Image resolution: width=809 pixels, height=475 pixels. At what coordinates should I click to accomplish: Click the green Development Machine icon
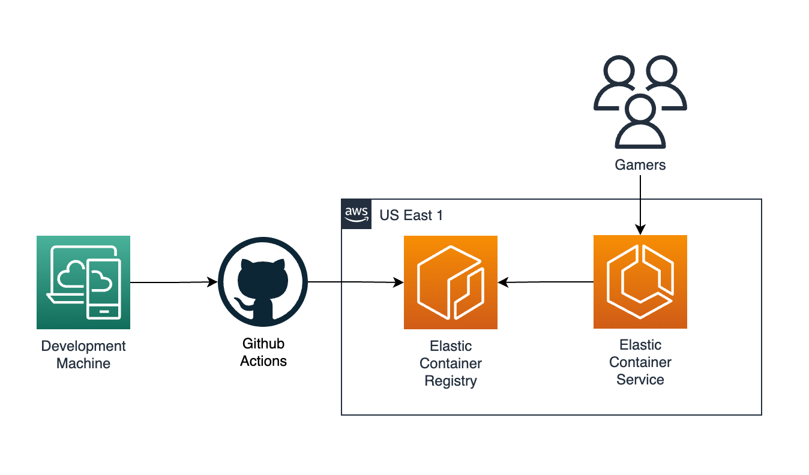click(83, 282)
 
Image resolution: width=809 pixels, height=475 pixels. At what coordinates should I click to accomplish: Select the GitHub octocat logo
click(263, 282)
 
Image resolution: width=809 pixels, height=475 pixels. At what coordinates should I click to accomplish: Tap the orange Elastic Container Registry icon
click(451, 282)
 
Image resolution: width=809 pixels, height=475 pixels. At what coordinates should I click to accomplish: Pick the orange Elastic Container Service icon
click(640, 282)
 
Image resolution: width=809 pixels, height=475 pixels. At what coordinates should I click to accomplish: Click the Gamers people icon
click(640, 102)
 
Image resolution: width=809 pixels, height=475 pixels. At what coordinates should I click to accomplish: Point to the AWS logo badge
click(356, 214)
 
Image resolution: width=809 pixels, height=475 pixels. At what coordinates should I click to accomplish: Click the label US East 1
click(411, 215)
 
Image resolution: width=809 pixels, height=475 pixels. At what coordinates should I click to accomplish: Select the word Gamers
click(640, 165)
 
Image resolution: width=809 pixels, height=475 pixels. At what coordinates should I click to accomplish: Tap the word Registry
click(451, 381)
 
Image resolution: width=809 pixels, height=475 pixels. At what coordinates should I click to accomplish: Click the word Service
click(640, 380)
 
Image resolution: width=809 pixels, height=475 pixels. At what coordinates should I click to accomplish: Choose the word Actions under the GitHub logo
click(263, 361)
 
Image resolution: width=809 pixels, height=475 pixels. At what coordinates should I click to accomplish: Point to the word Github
click(263, 344)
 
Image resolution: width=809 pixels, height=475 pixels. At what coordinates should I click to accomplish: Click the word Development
click(83, 346)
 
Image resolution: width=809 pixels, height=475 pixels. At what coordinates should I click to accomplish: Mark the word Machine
click(83, 363)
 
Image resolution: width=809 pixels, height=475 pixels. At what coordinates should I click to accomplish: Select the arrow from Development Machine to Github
click(174, 282)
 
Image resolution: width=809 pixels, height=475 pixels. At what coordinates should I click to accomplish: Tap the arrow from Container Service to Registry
click(546, 282)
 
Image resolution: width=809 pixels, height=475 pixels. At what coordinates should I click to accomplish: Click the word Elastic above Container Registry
click(451, 346)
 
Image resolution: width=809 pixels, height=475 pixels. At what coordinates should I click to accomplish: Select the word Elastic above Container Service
click(640, 345)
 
